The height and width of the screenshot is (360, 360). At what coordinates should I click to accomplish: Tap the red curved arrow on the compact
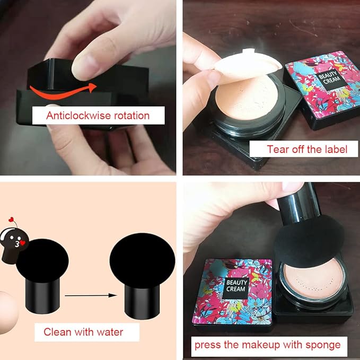(63, 91)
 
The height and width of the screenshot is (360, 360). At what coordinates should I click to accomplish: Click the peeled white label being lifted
(248, 64)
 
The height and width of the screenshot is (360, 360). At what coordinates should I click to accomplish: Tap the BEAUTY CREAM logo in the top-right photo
(329, 78)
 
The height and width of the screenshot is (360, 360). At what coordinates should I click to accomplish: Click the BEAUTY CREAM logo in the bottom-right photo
(236, 285)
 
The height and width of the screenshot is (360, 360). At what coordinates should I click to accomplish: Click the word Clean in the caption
(57, 332)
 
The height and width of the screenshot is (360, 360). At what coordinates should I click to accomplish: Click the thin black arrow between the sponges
(91, 295)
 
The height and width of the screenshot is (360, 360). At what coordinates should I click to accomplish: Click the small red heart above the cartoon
(11, 219)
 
